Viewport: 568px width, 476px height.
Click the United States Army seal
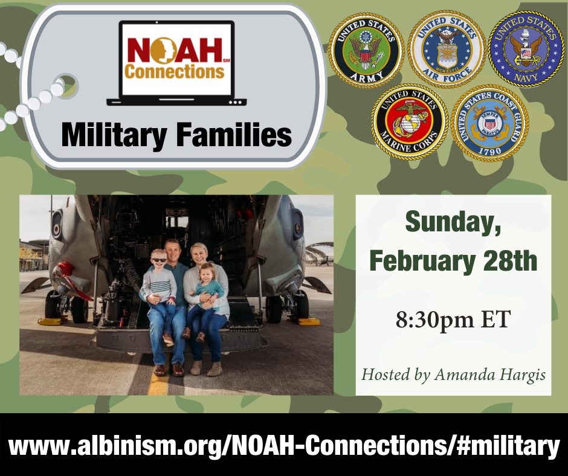coord(366,50)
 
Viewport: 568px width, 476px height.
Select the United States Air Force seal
coord(447,49)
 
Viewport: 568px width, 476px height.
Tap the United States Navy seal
coord(526,48)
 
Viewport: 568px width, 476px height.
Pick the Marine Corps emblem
coord(410,121)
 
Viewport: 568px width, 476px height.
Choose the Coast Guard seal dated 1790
coord(490,123)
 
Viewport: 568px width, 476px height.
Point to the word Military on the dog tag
coord(114,137)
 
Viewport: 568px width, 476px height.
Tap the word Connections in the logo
coord(174,71)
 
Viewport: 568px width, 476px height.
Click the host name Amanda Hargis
coord(490,375)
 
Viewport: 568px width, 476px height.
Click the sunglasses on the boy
coord(159,260)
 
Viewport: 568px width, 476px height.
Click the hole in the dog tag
coord(68,86)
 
